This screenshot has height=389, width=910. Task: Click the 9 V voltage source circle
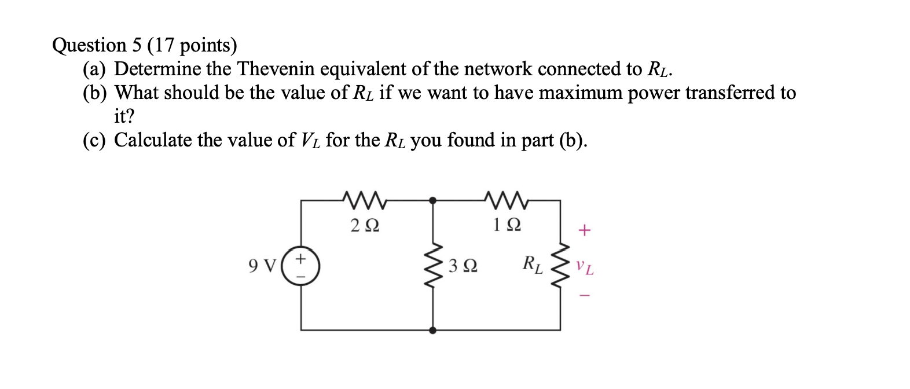pos(300,266)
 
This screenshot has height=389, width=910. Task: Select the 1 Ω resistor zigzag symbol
pos(508,201)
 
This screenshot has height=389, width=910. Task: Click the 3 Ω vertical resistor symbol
pos(432,266)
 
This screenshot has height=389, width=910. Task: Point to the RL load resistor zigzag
pos(560,266)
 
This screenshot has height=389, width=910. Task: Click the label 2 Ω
pos(365,225)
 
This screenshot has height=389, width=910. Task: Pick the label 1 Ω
pos(508,225)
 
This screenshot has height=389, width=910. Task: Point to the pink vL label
pos(585,268)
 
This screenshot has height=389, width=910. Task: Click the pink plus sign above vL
pos(585,232)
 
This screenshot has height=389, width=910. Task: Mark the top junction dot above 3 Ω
pos(432,200)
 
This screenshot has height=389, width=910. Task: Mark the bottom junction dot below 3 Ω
pos(432,331)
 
